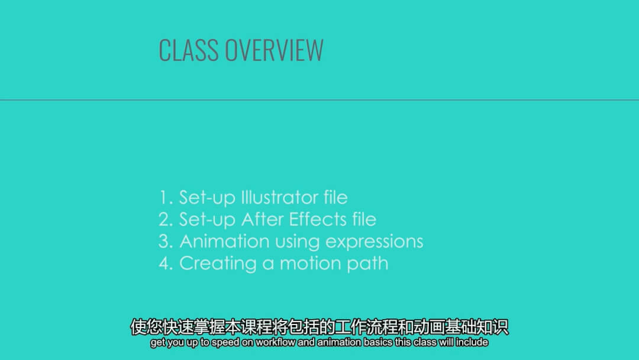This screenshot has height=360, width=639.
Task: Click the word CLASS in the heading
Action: pyautogui.click(x=188, y=50)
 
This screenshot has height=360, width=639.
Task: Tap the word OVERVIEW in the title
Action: pyautogui.click(x=275, y=50)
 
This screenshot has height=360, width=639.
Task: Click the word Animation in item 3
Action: pyautogui.click(x=224, y=242)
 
